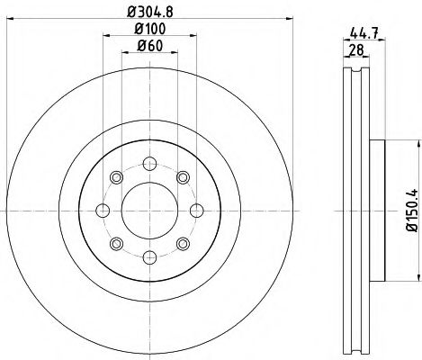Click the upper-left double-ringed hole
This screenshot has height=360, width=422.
coord(116,176)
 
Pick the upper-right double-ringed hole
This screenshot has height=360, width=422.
coord(183,176)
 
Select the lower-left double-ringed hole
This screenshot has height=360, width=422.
coord(116,243)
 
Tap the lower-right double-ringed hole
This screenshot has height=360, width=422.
coord(183,243)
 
